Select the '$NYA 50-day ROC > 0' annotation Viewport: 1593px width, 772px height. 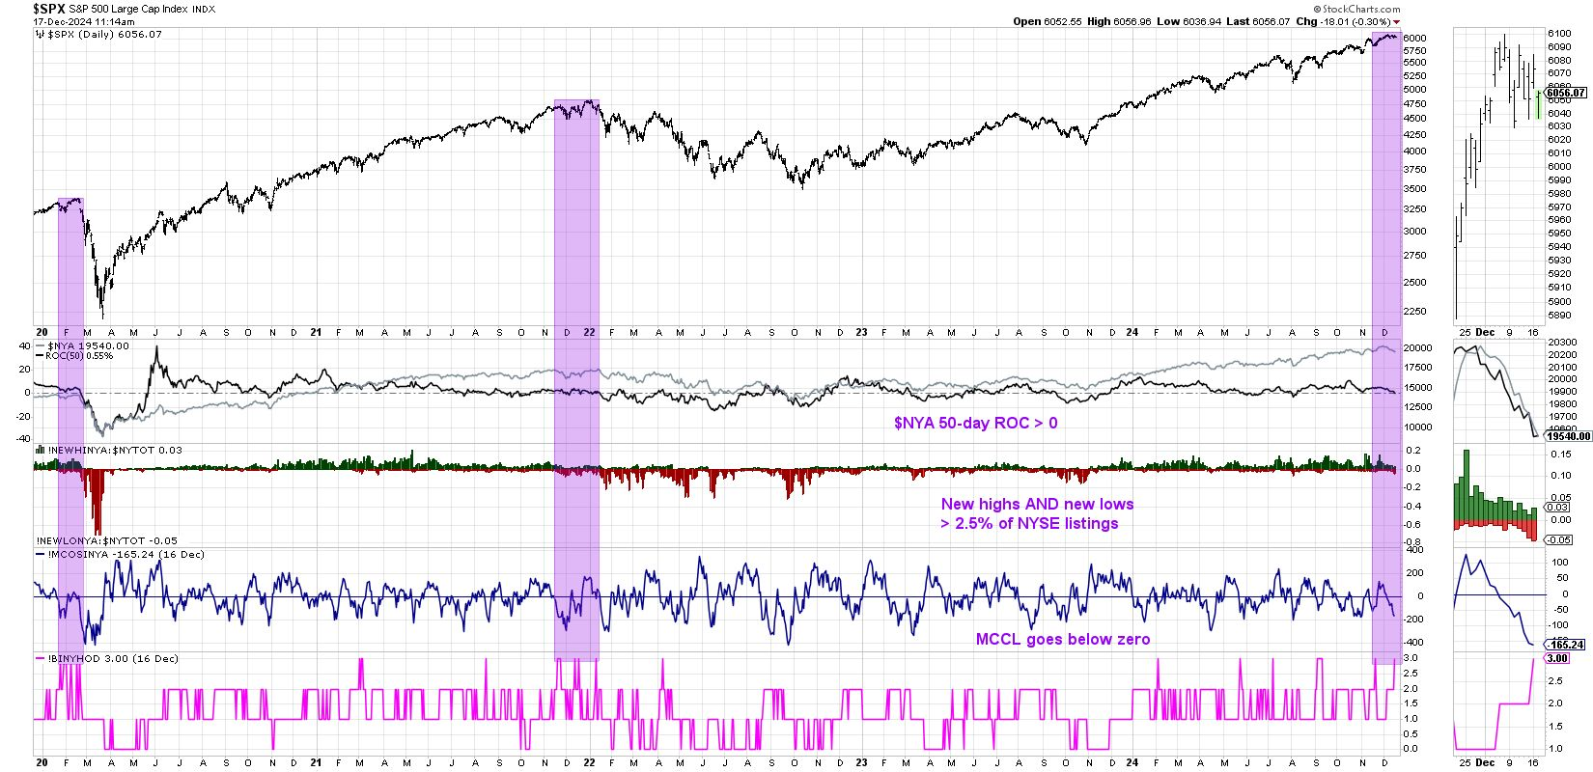[x=974, y=423]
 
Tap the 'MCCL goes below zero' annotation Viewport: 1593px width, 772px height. [x=1064, y=639]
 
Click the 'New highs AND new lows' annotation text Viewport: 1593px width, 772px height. [x=1037, y=504]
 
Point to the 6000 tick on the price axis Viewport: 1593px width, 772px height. [x=1414, y=38]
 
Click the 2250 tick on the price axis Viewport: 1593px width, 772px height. [x=1415, y=311]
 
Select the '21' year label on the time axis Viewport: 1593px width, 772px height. [x=316, y=332]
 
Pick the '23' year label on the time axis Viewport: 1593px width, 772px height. [x=862, y=332]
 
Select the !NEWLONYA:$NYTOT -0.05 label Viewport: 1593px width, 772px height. [x=106, y=541]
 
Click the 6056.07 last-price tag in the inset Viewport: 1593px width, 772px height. [x=1566, y=93]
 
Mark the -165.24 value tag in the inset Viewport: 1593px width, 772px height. [x=1566, y=645]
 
